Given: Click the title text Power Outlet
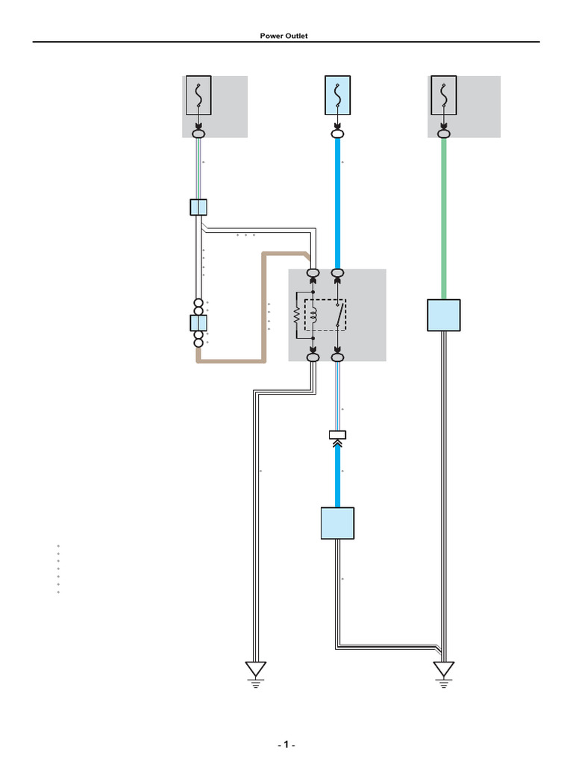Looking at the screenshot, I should point(284,36).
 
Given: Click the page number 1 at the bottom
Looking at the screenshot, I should point(286,745).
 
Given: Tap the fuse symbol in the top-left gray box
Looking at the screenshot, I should point(198,95).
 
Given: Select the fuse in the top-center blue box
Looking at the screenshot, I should point(337,95).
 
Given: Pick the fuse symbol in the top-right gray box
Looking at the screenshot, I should point(444,95).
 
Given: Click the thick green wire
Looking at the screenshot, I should point(444,216).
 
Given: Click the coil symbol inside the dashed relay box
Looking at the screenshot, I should point(315,316).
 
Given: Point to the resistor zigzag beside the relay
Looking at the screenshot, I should point(297,316).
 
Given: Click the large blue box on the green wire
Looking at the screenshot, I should point(444,315).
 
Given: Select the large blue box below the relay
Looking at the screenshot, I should point(337,523).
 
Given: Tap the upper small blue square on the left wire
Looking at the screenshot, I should point(198,207).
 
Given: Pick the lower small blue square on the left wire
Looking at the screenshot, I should point(198,323).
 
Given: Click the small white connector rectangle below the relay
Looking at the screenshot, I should point(337,433).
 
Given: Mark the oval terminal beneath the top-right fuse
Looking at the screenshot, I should point(444,134).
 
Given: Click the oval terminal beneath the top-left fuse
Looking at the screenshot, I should point(198,134).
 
